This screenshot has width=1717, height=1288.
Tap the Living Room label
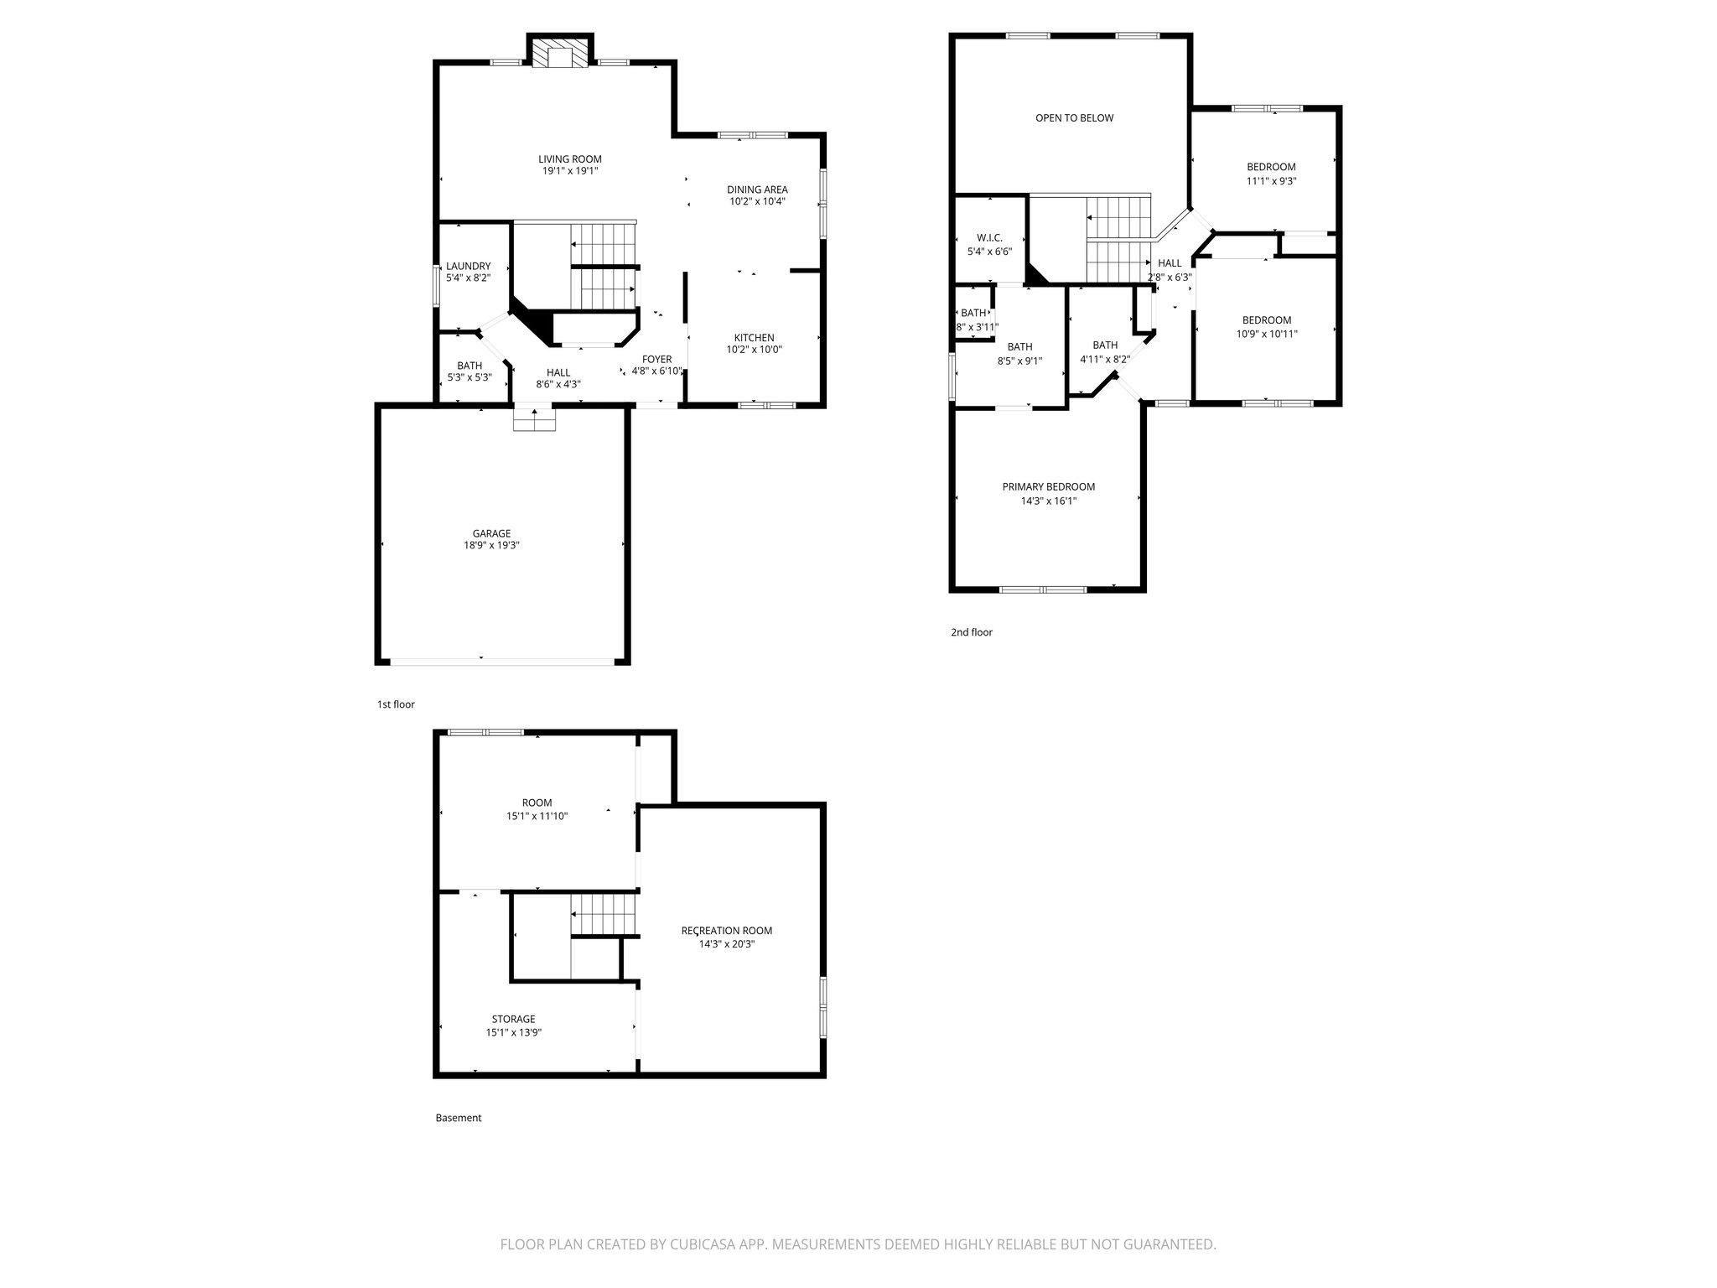(x=569, y=159)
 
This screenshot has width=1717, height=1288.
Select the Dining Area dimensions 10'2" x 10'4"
(x=756, y=201)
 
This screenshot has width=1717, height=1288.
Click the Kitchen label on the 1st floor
(x=754, y=338)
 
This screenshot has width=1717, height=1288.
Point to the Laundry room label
(x=468, y=266)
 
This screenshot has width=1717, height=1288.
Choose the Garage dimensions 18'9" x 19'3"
(x=491, y=545)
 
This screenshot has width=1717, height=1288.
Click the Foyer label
(x=656, y=359)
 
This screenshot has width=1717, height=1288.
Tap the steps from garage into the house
(x=535, y=419)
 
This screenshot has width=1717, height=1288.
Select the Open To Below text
(x=1074, y=118)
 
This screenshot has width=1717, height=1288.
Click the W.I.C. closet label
(x=989, y=238)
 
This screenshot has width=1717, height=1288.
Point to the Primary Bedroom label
(x=1048, y=487)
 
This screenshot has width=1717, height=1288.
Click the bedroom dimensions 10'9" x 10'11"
(x=1266, y=334)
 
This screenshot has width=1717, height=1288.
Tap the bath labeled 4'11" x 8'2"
(x=1105, y=359)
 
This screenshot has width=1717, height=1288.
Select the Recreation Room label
(x=726, y=931)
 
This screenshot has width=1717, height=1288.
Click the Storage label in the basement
(x=513, y=1020)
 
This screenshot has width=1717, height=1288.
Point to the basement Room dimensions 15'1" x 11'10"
(x=537, y=816)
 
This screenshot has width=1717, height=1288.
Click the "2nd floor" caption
(x=971, y=632)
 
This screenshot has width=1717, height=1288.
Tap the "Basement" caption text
(x=458, y=1118)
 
